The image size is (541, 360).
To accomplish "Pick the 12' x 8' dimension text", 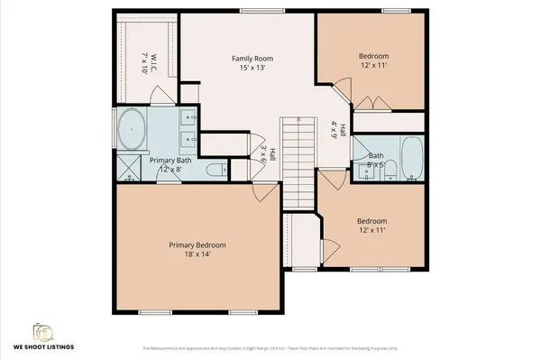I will pyautogui.click(x=170, y=169).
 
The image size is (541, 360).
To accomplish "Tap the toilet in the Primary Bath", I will pyautogui.click(x=215, y=169).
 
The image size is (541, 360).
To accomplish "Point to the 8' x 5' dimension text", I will pyautogui.click(x=376, y=165).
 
